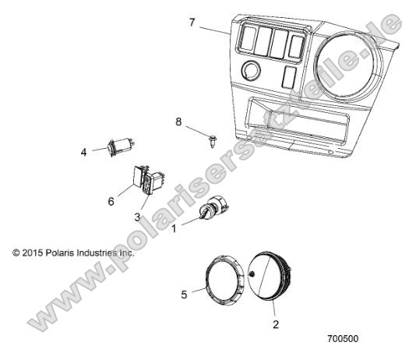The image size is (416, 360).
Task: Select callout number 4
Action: click(83, 152)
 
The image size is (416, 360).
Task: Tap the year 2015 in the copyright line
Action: click(34, 253)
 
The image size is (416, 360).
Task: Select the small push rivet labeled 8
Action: click(212, 139)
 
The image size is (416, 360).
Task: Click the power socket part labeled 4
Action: click(122, 146)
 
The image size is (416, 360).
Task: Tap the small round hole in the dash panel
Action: click(251, 72)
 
